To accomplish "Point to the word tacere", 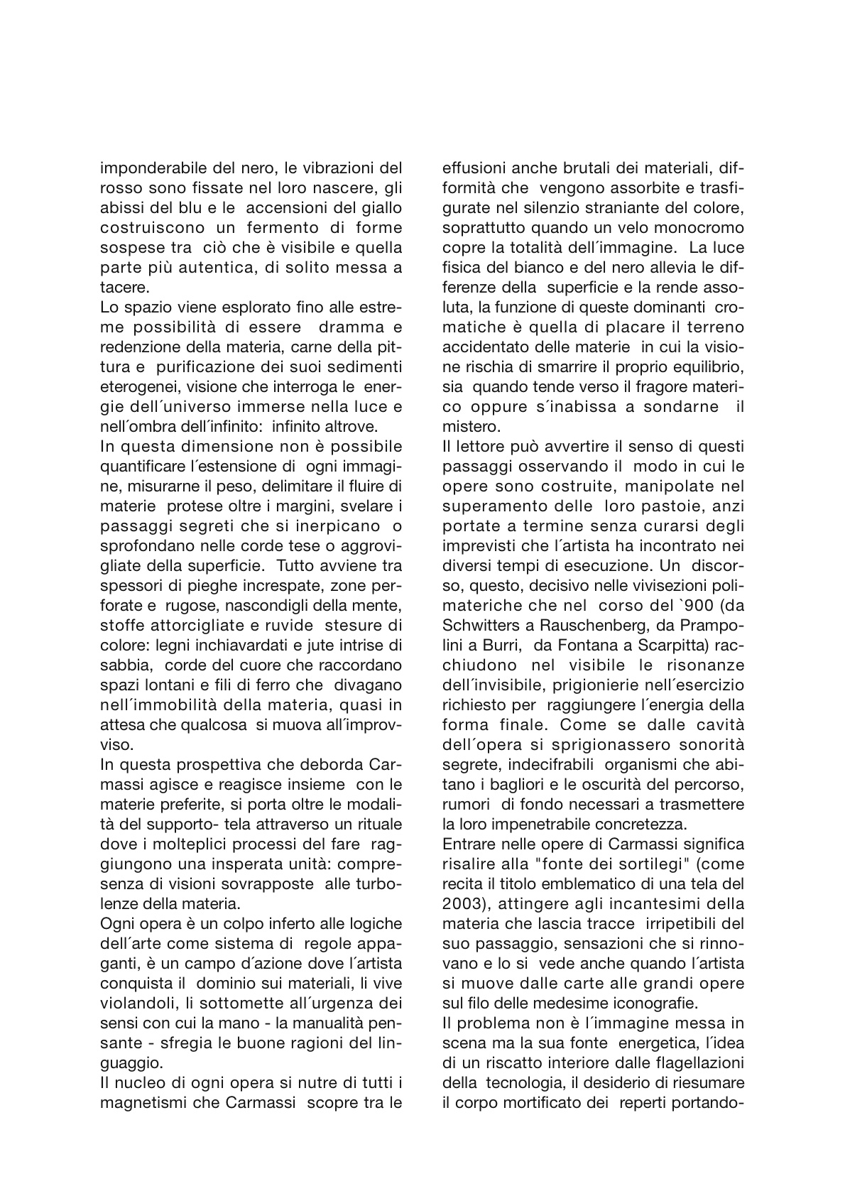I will pyautogui.click(x=121, y=287).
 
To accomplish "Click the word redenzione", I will pyautogui.click(x=136, y=347).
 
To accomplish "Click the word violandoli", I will pyautogui.click(x=137, y=1003).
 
